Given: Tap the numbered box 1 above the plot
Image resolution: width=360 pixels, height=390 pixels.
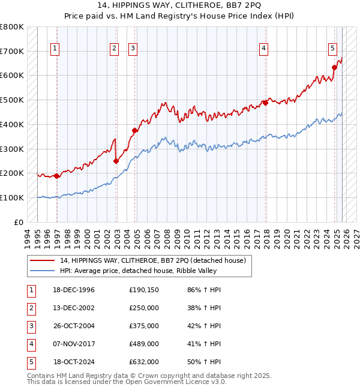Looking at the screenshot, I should (x=55, y=49).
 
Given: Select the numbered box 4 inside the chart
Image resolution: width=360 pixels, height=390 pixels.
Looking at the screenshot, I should (x=263, y=49).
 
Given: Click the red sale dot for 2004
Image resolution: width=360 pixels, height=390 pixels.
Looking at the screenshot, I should (x=135, y=130).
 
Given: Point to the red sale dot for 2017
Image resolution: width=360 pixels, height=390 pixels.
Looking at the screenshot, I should (x=265, y=103).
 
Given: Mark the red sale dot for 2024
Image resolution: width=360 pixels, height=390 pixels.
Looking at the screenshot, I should (x=335, y=67).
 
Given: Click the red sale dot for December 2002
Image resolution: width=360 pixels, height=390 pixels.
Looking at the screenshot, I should (x=116, y=161).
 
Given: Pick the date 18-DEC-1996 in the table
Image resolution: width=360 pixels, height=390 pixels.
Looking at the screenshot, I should (x=74, y=290).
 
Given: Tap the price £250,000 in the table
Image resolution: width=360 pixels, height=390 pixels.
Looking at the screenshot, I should (x=144, y=308).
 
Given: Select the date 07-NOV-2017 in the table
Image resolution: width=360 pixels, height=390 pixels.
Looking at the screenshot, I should (x=74, y=344).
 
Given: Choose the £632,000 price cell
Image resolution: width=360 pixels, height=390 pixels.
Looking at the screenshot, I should (x=144, y=362).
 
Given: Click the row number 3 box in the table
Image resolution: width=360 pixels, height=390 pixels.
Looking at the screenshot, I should (x=30, y=326).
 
